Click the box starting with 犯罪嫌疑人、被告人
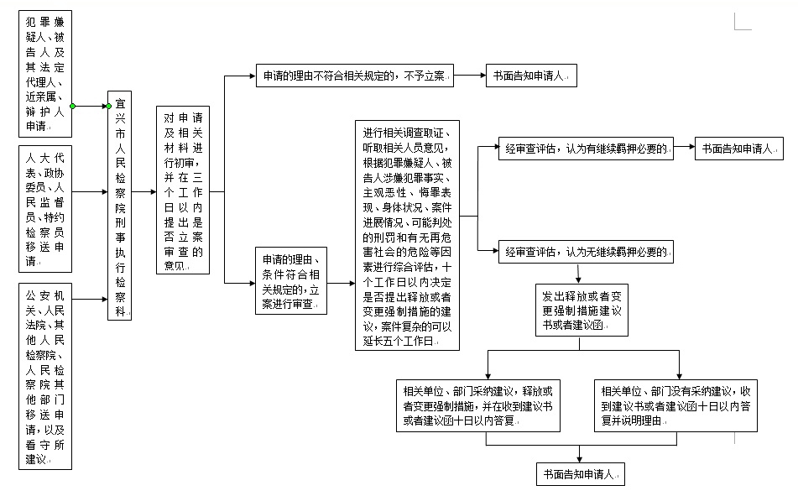coord(45,74)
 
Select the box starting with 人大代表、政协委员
coord(45,209)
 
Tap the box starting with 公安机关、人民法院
coord(45,376)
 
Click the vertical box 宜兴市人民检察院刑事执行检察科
coord(120,206)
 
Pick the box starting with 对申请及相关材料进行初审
coord(183,191)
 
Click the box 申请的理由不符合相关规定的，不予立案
coord(355,76)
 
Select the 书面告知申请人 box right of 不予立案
coord(531,76)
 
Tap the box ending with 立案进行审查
coord(291,280)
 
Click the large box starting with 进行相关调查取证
coord(407,235)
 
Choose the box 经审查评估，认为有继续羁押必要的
coord(586,149)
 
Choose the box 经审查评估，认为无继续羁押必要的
coord(586,252)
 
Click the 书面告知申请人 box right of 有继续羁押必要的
coord(739,149)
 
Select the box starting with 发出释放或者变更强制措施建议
coord(582,311)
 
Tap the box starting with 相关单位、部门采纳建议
coord(478,406)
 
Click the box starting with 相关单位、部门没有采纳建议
coord(675,406)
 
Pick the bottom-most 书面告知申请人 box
coord(581,474)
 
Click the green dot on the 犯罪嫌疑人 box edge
coord(72,106)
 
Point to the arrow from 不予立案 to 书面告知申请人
coord(470,76)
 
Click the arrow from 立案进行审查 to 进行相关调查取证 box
coord(341,283)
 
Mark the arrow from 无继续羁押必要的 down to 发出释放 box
coord(579,274)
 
